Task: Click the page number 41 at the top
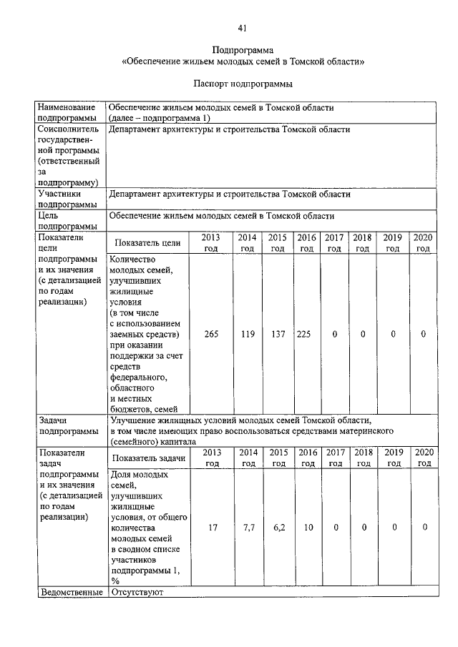[243, 28]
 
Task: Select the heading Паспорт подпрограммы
[243, 84]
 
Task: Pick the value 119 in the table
[248, 333]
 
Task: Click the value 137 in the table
[278, 333]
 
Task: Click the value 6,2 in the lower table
[278, 527]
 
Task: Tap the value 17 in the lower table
[212, 527]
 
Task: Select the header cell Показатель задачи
[149, 458]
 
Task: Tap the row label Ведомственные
[70, 592]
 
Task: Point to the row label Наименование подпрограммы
[68, 112]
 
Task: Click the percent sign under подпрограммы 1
[114, 581]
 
